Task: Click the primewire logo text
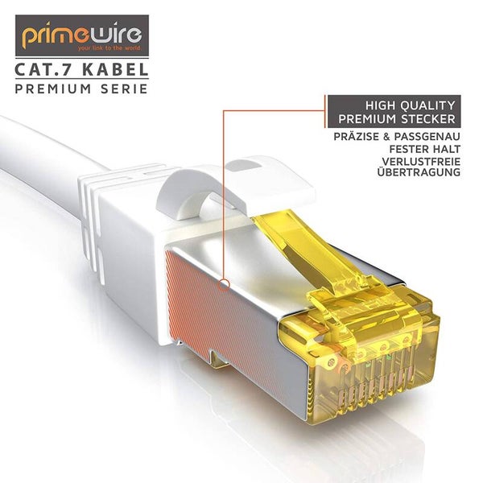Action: pyautogui.click(x=80, y=35)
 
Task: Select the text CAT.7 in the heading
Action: pyautogui.click(x=41, y=70)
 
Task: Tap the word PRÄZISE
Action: pyautogui.click(x=361, y=137)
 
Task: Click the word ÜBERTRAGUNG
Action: pyautogui.click(x=411, y=173)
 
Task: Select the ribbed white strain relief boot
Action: pyautogui.click(x=105, y=209)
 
